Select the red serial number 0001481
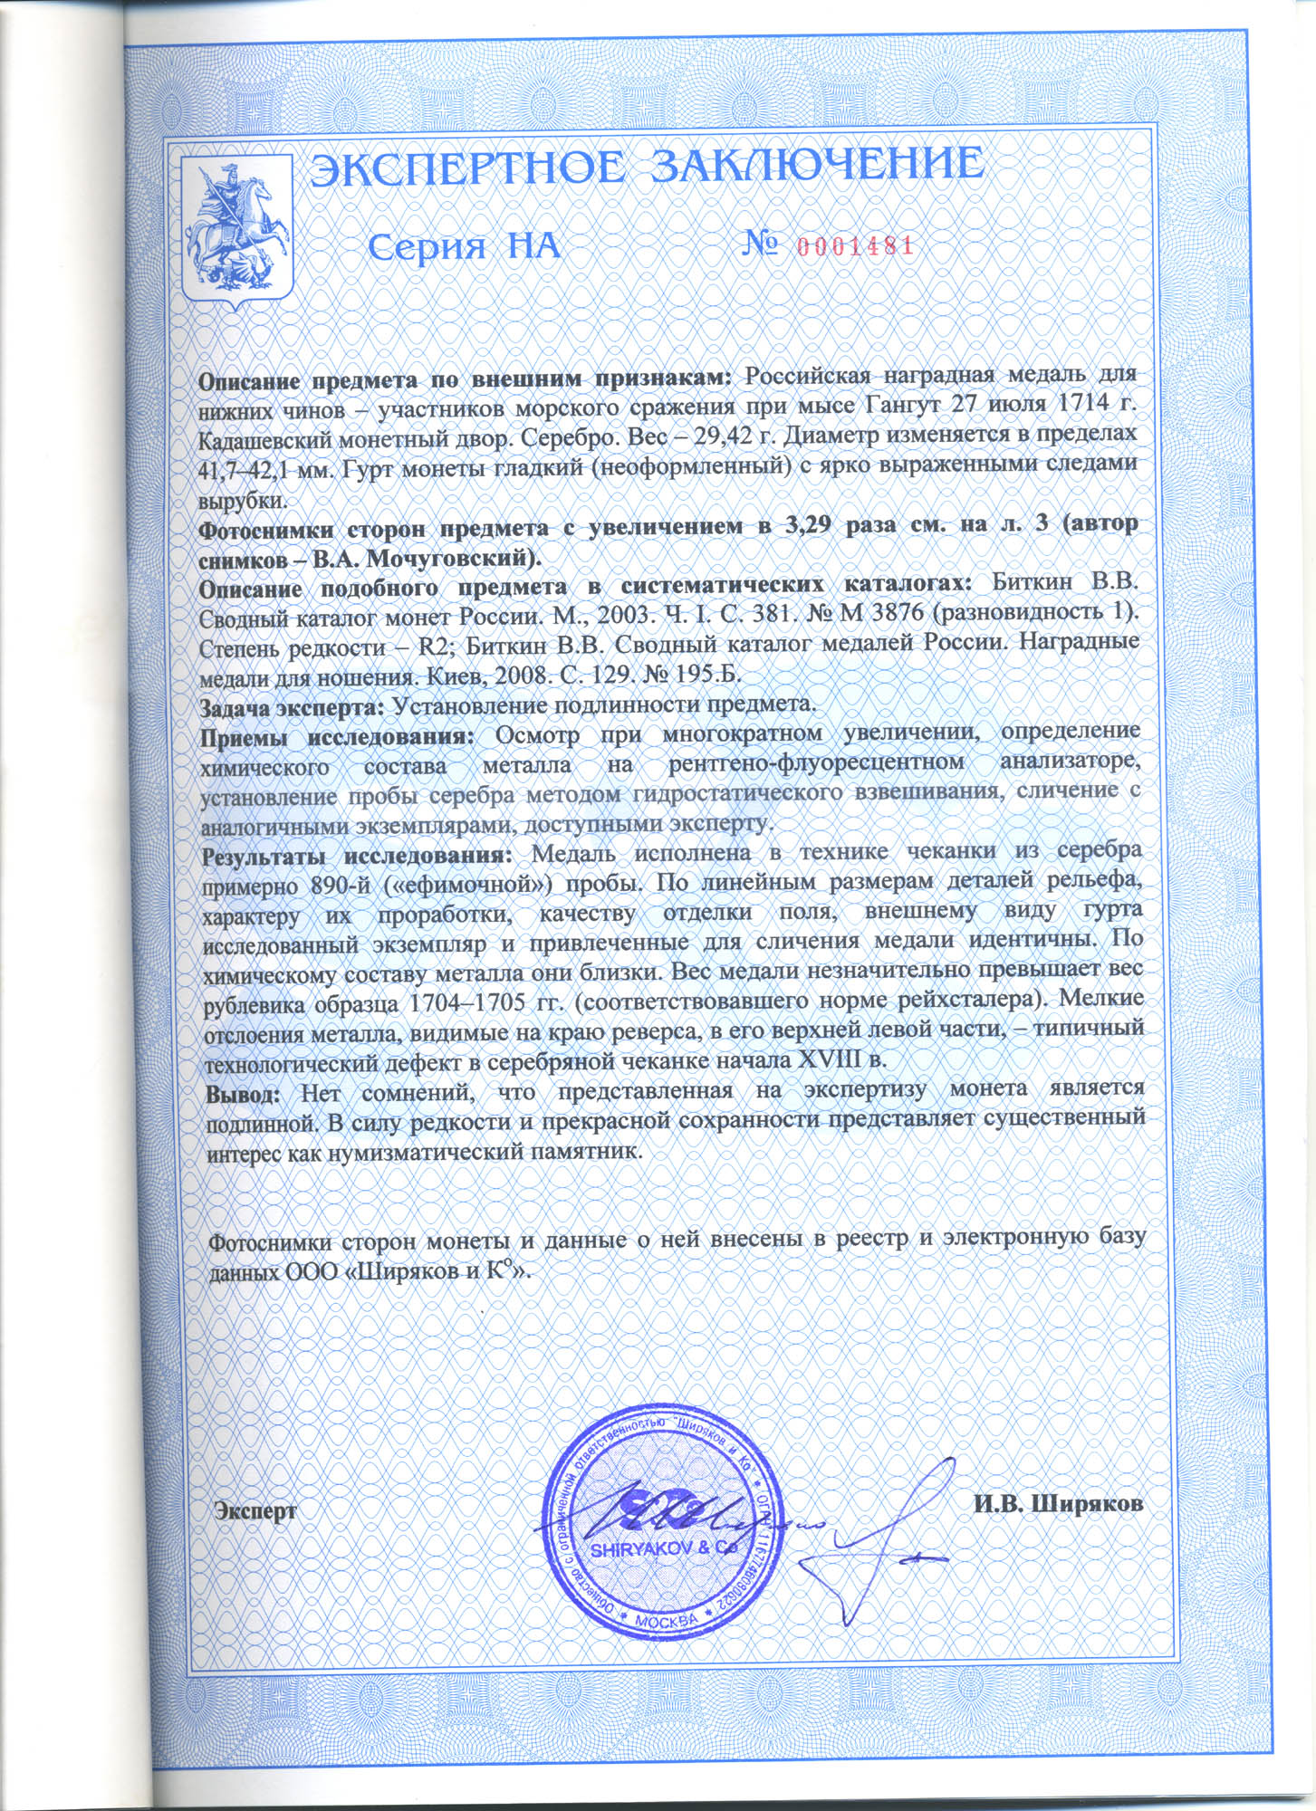[853, 245]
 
